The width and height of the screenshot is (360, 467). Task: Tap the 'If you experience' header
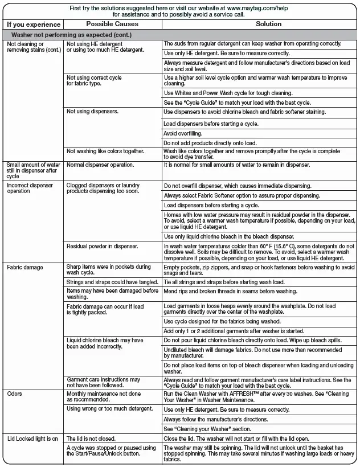(x=34, y=24)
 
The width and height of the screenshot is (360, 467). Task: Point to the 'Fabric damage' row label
(x=24, y=267)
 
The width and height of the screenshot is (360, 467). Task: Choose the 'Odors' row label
(x=15, y=394)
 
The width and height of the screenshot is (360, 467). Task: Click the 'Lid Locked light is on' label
(x=32, y=439)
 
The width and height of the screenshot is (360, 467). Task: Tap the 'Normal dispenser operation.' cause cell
(x=100, y=165)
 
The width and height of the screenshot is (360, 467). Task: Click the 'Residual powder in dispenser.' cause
(x=103, y=246)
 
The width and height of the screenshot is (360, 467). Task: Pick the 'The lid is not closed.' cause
(x=91, y=439)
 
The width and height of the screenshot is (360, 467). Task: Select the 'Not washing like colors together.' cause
(x=105, y=151)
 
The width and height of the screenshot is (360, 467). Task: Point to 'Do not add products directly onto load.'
(x=210, y=142)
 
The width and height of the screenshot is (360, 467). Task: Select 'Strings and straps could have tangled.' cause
(x=110, y=282)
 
